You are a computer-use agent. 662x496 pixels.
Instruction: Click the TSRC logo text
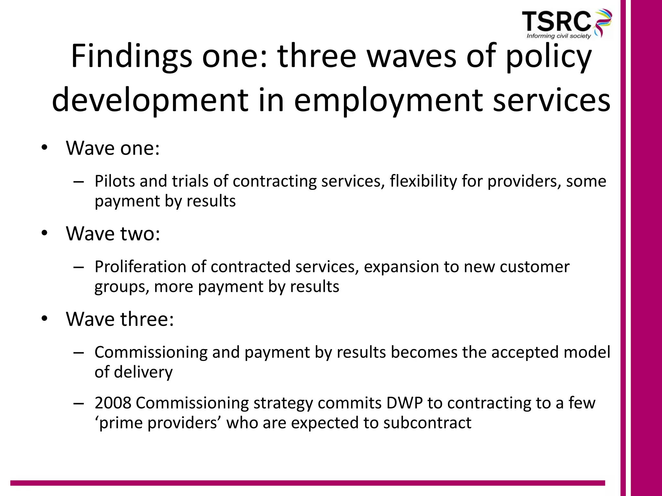click(x=556, y=21)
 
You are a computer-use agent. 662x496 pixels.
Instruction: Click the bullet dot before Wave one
click(x=44, y=148)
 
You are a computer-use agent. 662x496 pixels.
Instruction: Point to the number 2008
click(x=113, y=403)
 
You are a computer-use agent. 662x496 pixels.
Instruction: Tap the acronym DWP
click(x=404, y=403)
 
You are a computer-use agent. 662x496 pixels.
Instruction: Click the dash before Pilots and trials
click(x=79, y=181)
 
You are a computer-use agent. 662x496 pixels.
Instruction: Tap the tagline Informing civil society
click(x=559, y=36)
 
